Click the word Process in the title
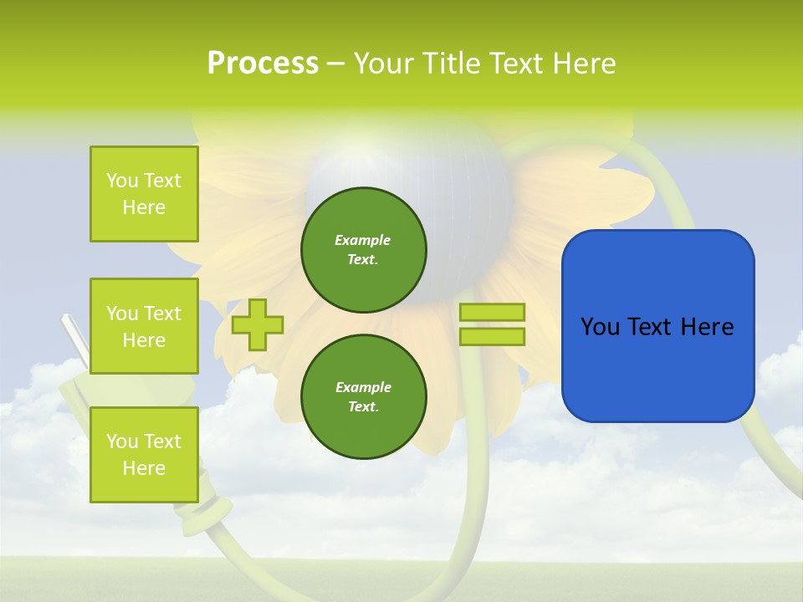(x=263, y=64)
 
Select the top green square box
(x=144, y=194)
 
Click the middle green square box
(x=144, y=326)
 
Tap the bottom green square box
(x=144, y=455)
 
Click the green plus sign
(x=258, y=324)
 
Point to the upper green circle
(x=363, y=250)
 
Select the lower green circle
(x=363, y=397)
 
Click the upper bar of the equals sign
(x=492, y=313)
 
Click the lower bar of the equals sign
(x=492, y=336)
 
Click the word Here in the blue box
(x=707, y=327)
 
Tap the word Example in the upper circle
(x=363, y=240)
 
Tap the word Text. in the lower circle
(x=363, y=407)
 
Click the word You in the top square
(x=122, y=181)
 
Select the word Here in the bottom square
(x=144, y=468)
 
